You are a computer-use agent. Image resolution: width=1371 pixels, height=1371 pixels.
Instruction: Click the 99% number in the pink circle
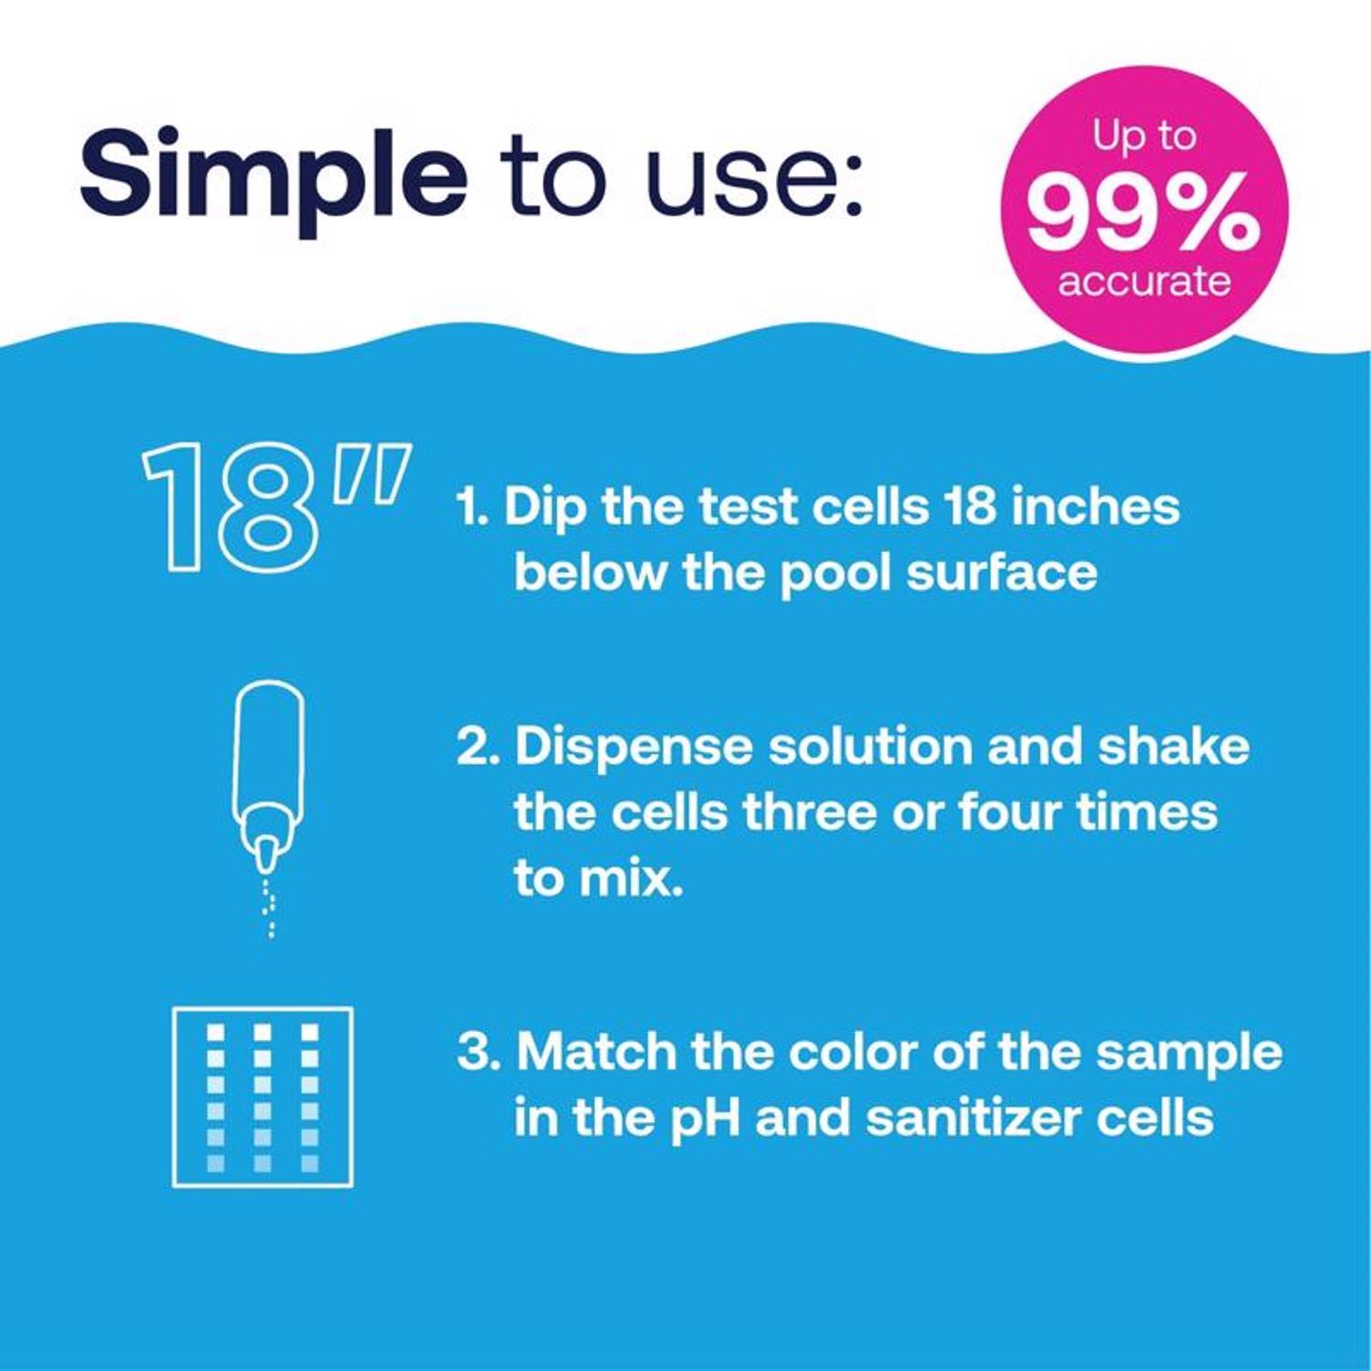click(x=1142, y=214)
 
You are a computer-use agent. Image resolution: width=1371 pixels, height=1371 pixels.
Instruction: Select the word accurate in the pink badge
click(x=1144, y=281)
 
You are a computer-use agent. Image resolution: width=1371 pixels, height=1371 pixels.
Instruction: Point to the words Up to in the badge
click(x=1144, y=137)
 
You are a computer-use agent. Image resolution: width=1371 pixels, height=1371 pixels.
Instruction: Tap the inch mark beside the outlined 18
click(x=370, y=475)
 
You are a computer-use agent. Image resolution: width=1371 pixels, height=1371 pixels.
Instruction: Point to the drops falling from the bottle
click(x=270, y=909)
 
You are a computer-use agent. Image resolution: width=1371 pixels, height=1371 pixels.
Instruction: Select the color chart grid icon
click(x=262, y=1097)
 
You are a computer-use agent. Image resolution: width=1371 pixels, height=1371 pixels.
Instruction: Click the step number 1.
click(x=471, y=507)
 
